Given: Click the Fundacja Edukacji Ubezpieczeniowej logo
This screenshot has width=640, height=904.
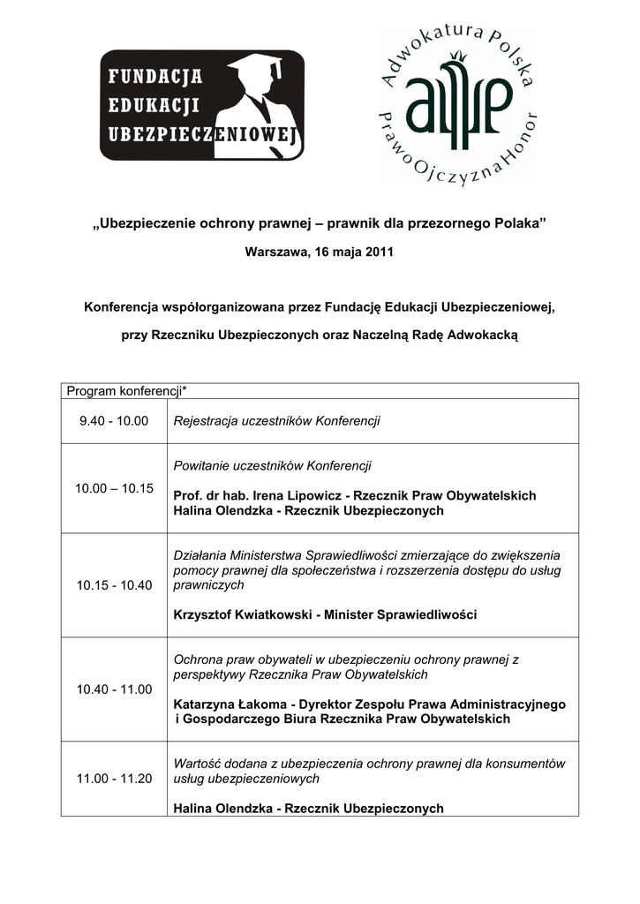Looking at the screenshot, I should (201, 105).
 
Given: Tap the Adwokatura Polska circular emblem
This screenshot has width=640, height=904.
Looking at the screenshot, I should (457, 105).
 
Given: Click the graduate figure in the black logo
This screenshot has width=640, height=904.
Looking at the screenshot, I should (255, 105).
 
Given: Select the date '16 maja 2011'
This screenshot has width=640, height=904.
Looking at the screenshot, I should (352, 252).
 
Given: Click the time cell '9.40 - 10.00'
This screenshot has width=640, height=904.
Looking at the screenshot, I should (114, 421).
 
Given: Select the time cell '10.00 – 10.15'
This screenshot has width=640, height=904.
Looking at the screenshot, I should (114, 488).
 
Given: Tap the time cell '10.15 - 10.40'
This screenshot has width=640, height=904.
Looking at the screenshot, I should (114, 585).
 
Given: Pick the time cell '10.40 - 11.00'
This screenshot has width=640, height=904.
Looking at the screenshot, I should (114, 689).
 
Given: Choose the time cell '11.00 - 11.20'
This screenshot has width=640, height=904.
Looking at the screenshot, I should (114, 779).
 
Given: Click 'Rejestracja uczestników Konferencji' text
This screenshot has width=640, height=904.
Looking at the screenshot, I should (276, 421).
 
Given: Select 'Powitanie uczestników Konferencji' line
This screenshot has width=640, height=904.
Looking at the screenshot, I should (272, 465).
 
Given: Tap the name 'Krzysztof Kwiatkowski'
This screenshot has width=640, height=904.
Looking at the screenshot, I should (241, 614).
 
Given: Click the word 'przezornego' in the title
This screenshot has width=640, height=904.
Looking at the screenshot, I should (439, 223).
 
